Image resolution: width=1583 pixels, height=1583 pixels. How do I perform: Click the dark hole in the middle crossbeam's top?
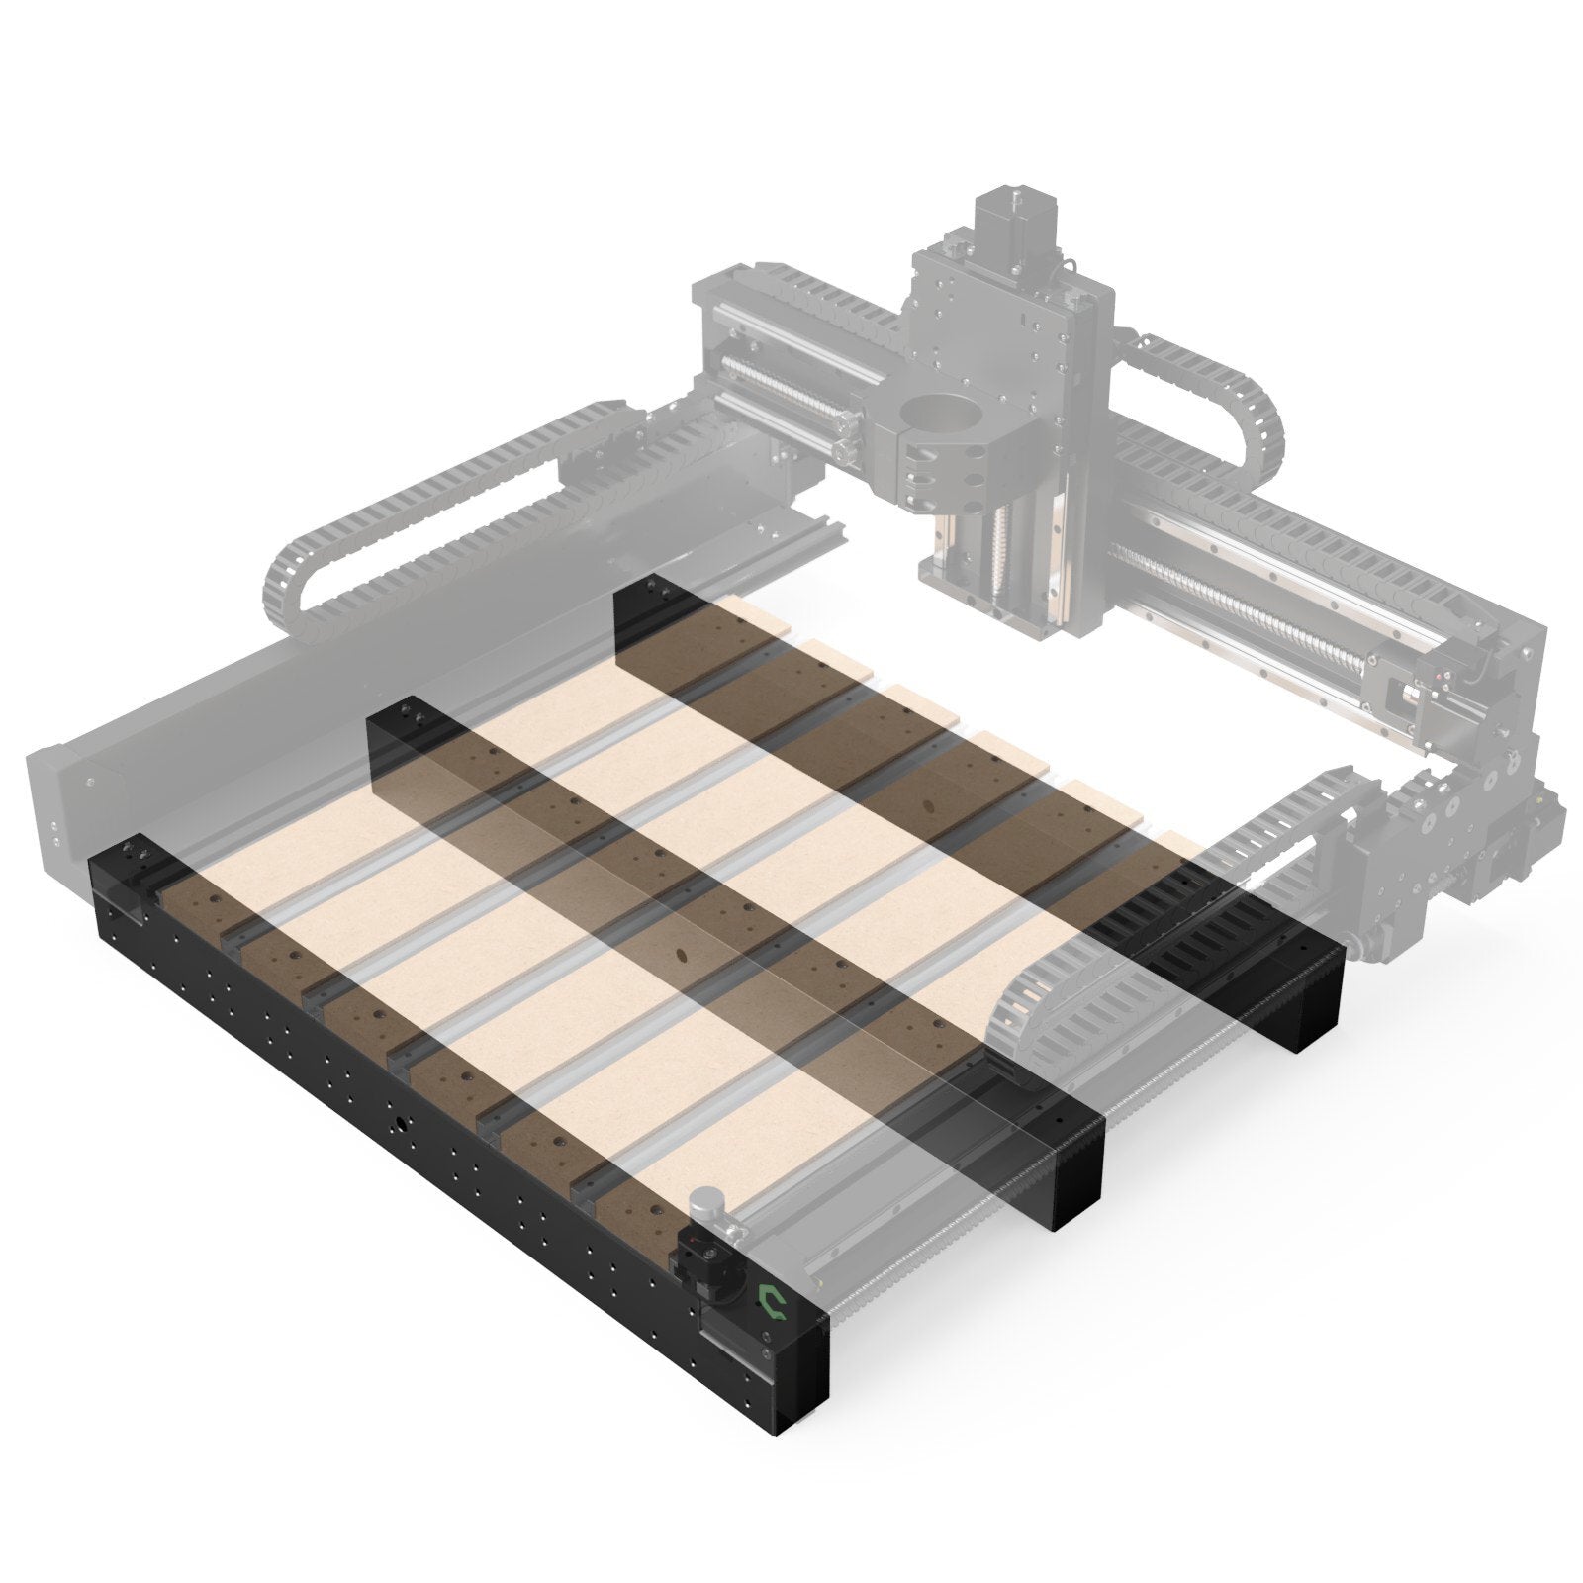[681, 954]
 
